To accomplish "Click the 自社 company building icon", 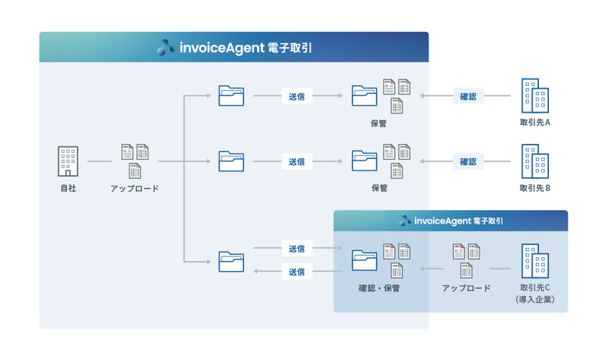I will [68, 161].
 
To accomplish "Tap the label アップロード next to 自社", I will [135, 188].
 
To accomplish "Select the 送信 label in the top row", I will [297, 97].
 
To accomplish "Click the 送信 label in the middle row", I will [297, 161].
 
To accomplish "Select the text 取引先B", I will [535, 188].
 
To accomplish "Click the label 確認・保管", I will [379, 288].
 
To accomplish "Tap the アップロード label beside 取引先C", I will [467, 288].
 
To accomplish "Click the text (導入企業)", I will [535, 300].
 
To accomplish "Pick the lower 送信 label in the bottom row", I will [297, 272].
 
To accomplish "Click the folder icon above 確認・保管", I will [365, 260].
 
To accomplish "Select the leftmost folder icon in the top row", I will [231, 96].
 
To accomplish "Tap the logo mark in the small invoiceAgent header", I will [405, 221].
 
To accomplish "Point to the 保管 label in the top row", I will [379, 123].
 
